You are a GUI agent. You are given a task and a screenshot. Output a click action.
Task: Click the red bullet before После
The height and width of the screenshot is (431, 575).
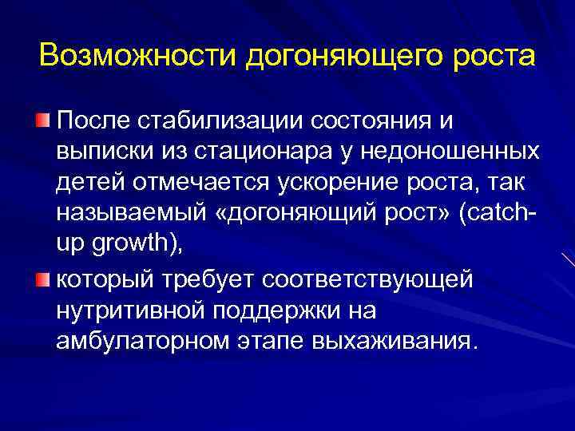click(x=41, y=121)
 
